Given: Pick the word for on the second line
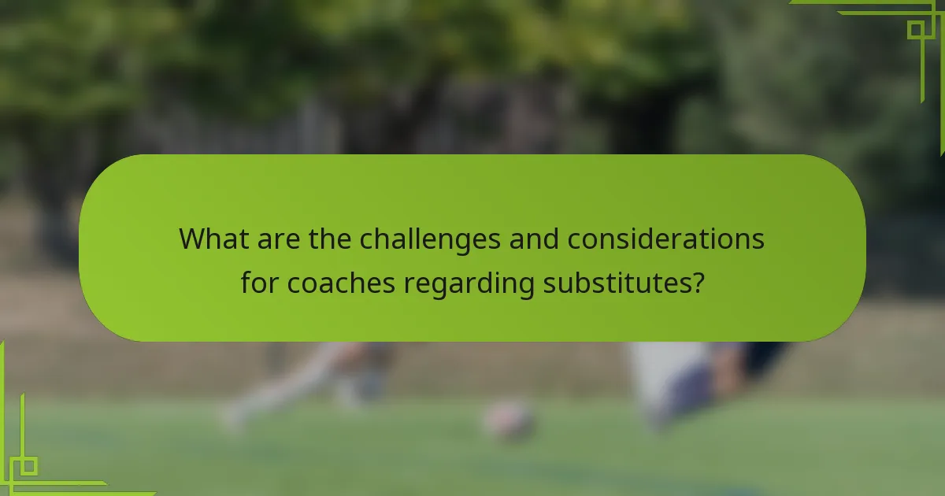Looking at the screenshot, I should click(260, 283).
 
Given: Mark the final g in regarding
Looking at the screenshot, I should click(525, 286).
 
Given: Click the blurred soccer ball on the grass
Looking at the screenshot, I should click(508, 420).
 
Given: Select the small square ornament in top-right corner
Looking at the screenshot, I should click(915, 30).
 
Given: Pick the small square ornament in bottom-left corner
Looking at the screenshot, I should click(29, 466).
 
